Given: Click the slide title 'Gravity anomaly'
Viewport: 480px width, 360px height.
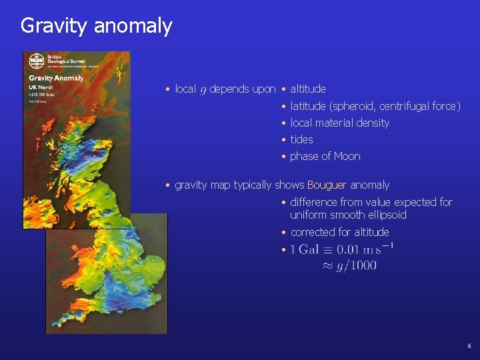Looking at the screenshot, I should pos(96,26).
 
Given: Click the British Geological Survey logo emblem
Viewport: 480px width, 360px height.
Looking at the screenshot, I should pos(37,61).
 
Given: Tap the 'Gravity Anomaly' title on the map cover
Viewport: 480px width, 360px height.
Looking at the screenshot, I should pos(56,78).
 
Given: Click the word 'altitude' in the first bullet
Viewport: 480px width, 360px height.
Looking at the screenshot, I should pos(308,89).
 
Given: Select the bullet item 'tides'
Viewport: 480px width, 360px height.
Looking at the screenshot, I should pos(301,139).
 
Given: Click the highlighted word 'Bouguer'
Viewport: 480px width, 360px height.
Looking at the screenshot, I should pos(327,185).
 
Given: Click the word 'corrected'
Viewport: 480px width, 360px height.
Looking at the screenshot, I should pos(311,232).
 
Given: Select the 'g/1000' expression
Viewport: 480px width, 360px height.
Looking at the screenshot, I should pos(358,265).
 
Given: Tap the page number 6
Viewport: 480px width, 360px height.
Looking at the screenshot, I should pos(469,346).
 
